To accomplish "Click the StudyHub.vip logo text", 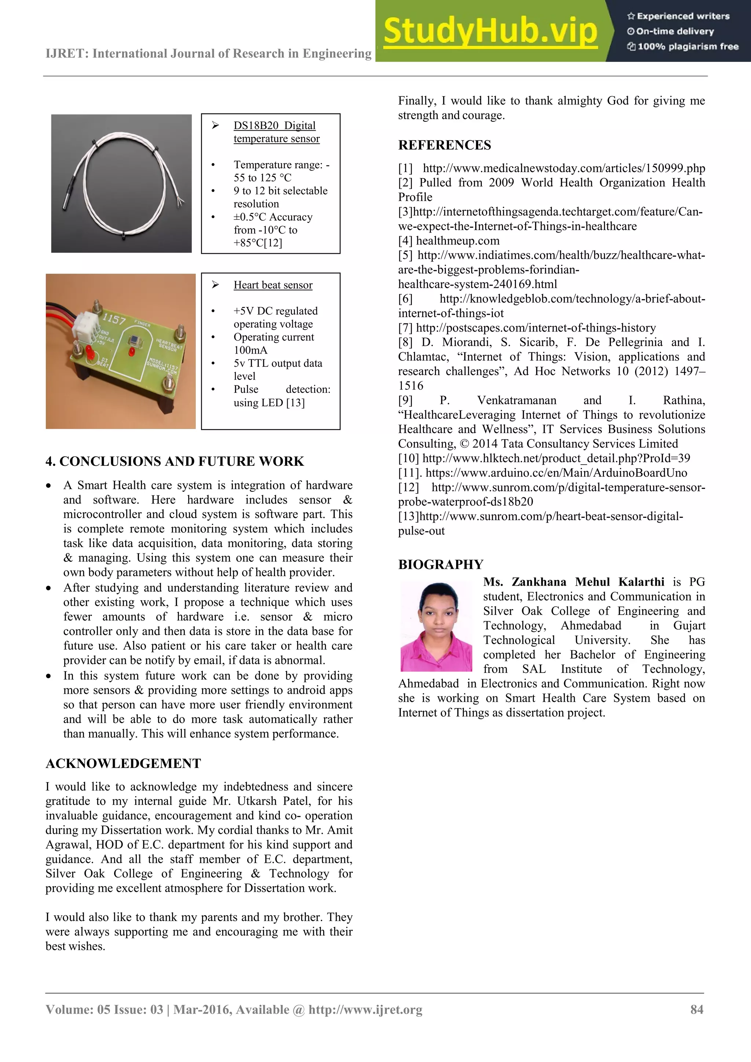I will point(490,32).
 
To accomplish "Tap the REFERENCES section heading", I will point(444,145).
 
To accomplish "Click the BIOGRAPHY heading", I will point(440,564).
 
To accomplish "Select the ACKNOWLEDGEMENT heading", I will point(123,763).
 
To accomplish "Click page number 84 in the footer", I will point(696,1009).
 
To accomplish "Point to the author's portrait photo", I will point(436,626).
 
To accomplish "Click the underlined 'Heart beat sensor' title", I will point(273,285).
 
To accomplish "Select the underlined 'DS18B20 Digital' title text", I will point(274,126).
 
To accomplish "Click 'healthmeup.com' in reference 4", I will point(457,241).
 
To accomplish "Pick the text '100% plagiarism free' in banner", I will point(688,46).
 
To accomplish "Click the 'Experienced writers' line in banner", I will point(682,16).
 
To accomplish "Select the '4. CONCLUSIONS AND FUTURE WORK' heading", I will point(175,461).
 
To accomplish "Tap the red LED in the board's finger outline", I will point(131,352).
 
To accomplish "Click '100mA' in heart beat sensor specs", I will point(250,350).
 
